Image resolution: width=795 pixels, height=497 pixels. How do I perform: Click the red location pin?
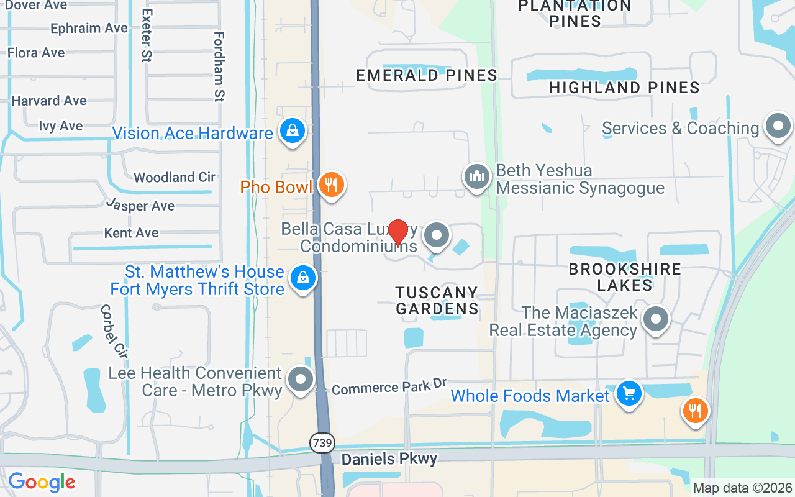point(397,232)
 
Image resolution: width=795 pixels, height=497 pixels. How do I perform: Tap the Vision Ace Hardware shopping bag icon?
point(292,131)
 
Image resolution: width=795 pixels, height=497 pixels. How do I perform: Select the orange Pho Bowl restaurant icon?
point(332,185)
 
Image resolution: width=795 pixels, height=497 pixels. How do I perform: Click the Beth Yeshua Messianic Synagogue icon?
point(476,176)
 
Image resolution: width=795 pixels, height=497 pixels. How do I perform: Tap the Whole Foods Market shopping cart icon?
point(629,393)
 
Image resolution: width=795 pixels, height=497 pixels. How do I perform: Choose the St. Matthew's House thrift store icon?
point(303,278)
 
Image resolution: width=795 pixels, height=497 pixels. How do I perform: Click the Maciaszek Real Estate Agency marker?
point(655,320)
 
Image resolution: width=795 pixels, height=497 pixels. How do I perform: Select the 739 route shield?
point(322,442)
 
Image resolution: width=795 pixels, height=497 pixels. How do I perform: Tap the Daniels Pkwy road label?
point(389,459)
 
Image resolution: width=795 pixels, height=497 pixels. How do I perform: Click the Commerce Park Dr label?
point(389,387)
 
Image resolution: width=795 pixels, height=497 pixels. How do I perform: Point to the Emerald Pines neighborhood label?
point(427,75)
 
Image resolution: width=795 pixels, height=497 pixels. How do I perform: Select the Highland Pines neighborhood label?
point(624,88)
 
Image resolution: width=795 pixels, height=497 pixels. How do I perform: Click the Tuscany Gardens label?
point(437,300)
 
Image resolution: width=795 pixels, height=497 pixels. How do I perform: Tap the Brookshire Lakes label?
point(625,277)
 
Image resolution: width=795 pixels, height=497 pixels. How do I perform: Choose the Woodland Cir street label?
point(175,177)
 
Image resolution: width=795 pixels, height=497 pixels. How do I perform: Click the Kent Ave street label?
point(132,233)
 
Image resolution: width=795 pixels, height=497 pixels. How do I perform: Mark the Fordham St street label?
point(219,66)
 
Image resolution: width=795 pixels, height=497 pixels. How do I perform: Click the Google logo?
point(42,482)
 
